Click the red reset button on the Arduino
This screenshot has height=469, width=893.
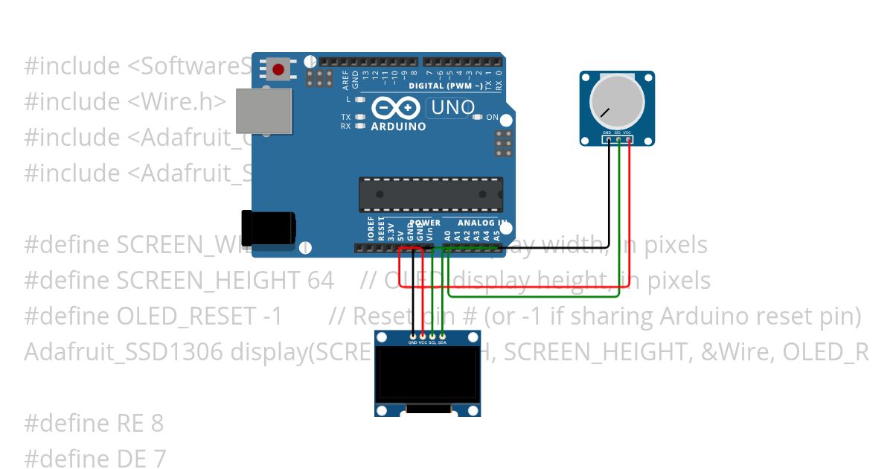coord(278,70)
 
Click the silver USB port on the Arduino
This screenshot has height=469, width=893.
coord(263,112)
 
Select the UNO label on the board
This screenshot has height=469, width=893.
coord(452,108)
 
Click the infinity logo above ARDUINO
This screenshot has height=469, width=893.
coord(396,109)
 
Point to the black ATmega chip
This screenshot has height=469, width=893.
coord(431,194)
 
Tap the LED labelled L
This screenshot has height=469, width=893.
coord(360,99)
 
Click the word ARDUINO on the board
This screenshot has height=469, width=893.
coord(398,127)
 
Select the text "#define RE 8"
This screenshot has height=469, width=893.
coord(94,424)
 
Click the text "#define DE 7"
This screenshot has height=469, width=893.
coord(95,458)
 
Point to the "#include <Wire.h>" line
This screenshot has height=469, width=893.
coord(125,101)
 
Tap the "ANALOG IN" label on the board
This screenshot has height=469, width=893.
coord(482,223)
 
